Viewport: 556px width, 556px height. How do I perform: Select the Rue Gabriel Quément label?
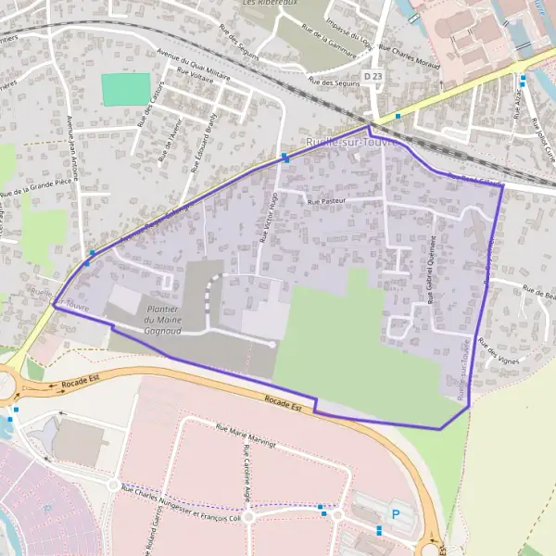[431, 268]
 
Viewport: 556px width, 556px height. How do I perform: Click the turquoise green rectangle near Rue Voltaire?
[125, 89]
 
